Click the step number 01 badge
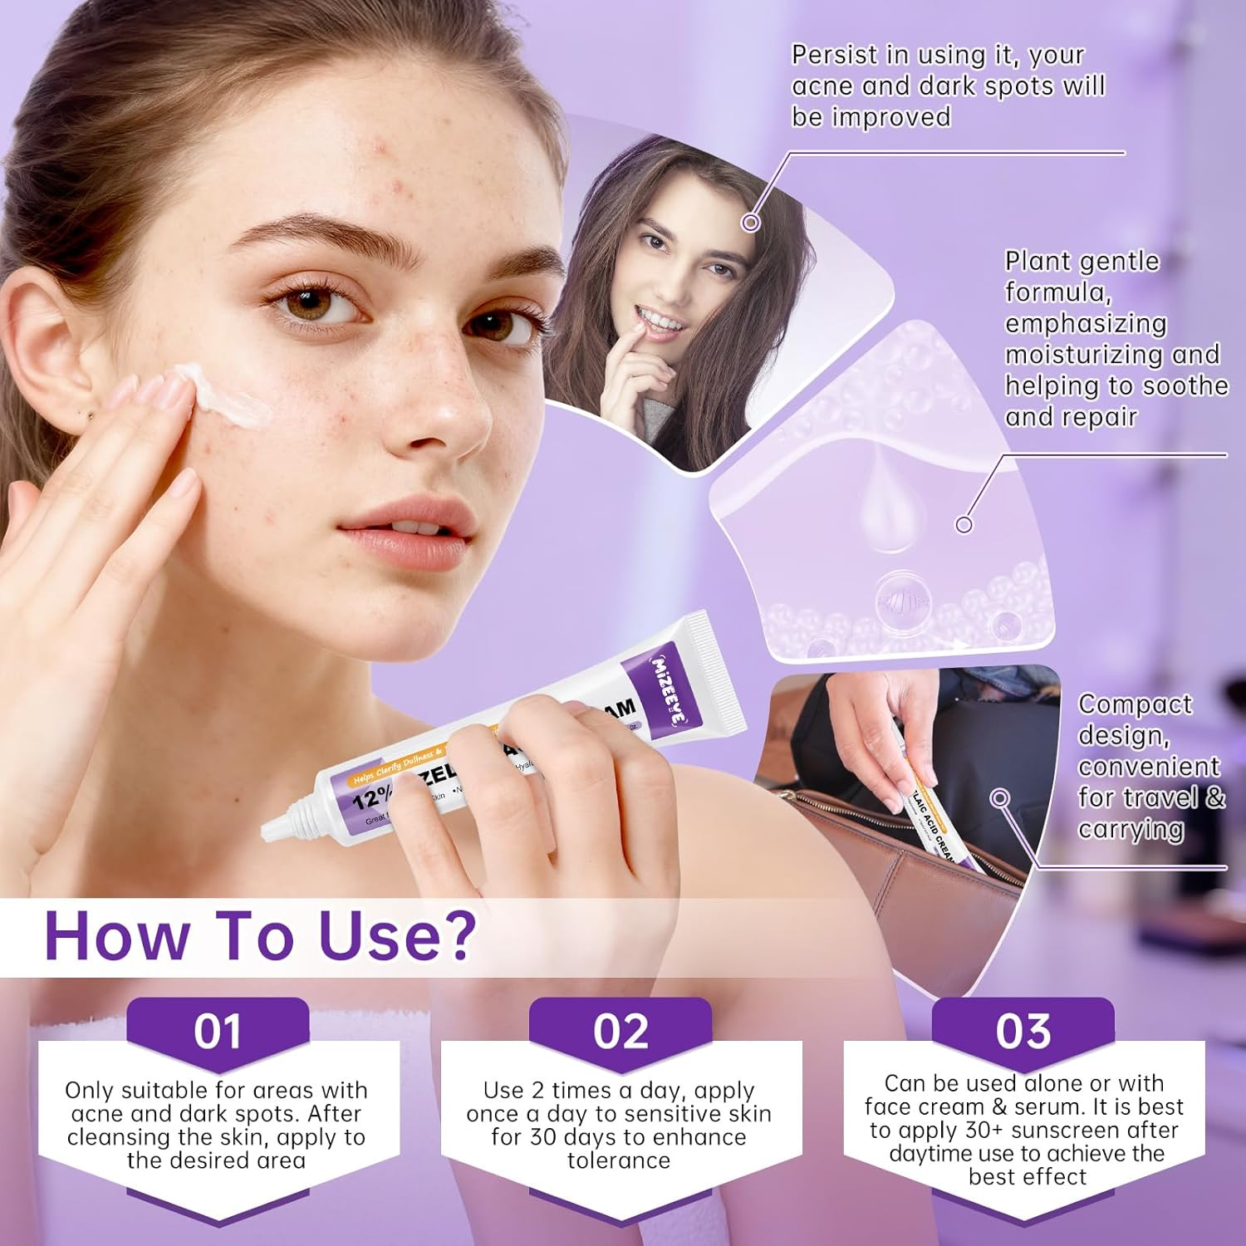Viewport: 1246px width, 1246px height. tap(218, 1031)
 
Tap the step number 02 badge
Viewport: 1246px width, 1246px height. tap(621, 1031)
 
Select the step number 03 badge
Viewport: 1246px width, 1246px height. tap(1023, 1031)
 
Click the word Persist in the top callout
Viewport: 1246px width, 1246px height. tap(834, 56)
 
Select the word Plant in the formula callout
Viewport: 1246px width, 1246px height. tap(1036, 262)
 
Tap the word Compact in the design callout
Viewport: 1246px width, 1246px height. tap(1135, 704)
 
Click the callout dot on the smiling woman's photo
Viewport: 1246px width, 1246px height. tap(751, 222)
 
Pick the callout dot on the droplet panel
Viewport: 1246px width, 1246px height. tap(964, 524)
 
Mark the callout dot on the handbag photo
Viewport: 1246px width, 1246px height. tap(1001, 798)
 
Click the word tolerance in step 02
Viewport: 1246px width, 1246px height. tap(619, 1160)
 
